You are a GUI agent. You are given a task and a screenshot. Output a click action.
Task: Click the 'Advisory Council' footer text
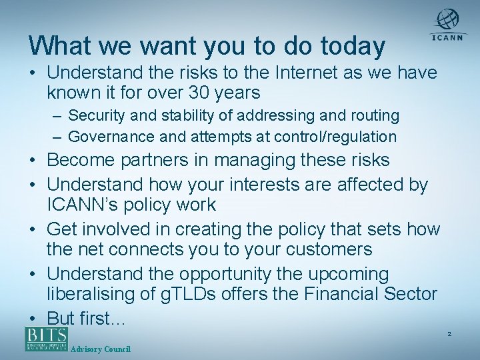[100, 349]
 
